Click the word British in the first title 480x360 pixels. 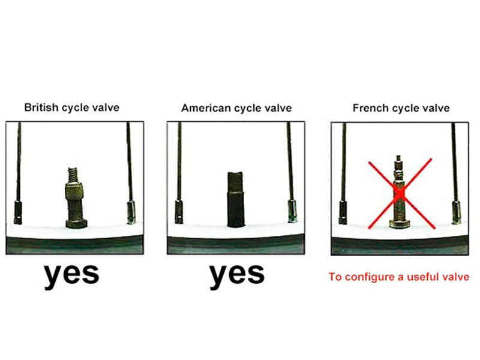tap(41, 107)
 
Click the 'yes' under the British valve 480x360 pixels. tap(72, 274)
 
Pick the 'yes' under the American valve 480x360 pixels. tap(237, 274)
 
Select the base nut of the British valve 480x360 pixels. tap(76, 224)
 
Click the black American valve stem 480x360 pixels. tap(235, 200)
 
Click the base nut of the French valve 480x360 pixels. tap(400, 224)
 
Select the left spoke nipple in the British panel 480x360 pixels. tap(18, 212)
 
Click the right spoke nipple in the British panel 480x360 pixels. tap(131, 212)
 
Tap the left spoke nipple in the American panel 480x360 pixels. tap(178, 212)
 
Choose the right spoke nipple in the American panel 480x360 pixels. tap(292, 211)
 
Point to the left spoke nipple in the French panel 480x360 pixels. tap(343, 212)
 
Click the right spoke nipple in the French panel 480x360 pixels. tap(457, 212)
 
